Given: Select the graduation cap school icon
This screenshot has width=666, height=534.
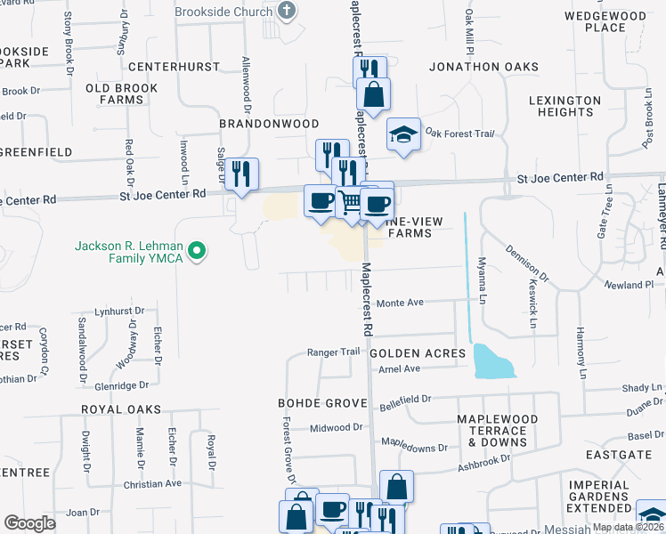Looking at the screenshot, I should [x=403, y=135].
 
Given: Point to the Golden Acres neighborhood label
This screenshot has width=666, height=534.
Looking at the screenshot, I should [x=417, y=353].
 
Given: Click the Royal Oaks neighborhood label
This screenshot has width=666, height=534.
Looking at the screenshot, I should [x=121, y=409].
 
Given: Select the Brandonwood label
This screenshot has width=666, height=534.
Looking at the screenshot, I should [x=269, y=124].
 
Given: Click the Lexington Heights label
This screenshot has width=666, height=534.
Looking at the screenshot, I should [x=565, y=106].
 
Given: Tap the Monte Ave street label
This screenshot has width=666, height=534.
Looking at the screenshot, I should [x=400, y=303].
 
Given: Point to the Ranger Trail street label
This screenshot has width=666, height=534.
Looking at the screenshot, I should [x=333, y=352].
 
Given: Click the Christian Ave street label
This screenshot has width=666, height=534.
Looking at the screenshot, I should [x=152, y=483].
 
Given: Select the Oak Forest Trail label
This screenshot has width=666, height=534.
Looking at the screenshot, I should [x=459, y=133].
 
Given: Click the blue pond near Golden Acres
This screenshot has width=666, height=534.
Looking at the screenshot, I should [x=493, y=360].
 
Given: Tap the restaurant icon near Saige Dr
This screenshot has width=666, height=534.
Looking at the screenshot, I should [x=241, y=173].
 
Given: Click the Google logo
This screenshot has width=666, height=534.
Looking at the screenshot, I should [x=29, y=523].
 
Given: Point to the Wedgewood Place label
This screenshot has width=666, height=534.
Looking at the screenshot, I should [x=605, y=21].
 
